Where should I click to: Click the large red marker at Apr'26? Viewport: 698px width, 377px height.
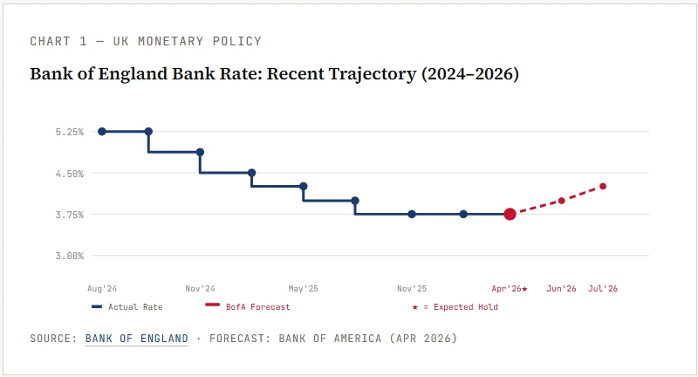coord(510,214)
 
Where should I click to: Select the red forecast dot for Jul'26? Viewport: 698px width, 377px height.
coord(603,186)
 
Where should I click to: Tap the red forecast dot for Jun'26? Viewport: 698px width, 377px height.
coord(561,201)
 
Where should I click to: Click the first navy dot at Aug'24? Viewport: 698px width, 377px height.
coord(102,131)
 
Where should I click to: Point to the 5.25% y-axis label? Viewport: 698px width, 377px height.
coord(69,132)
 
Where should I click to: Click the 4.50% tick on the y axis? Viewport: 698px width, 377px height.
coord(69,173)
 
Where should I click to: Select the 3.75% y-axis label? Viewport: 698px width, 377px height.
coord(69,215)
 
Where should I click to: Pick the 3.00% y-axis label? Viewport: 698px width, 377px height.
coord(69,256)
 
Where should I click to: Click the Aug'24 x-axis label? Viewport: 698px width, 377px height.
coord(102,288)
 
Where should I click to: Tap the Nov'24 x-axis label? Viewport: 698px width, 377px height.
coord(200,288)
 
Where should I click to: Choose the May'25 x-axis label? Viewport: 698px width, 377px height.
coord(303,288)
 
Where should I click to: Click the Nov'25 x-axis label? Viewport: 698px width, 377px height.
coord(412,288)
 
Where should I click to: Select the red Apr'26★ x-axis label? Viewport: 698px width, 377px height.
coord(510,288)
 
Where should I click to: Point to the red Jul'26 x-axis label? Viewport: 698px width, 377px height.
coord(603,288)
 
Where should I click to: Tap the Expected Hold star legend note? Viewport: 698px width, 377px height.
coord(455,307)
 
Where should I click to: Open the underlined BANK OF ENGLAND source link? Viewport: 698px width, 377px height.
coord(137,338)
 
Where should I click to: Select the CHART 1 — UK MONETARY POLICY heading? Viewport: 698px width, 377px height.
coord(146,41)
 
